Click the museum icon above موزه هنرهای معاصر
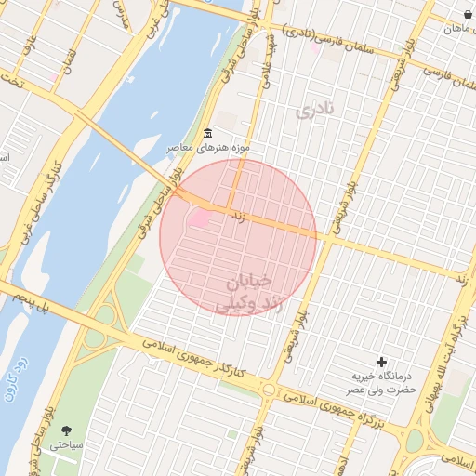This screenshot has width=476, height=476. coord(206,133)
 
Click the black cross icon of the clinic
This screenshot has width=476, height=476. coord(380,361)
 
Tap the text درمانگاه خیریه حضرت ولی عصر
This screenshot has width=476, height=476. coord(381,382)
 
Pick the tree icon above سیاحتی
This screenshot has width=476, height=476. coord(66,430)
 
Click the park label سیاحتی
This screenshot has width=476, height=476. coord(66,445)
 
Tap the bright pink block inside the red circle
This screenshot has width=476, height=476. coord(201,219)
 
